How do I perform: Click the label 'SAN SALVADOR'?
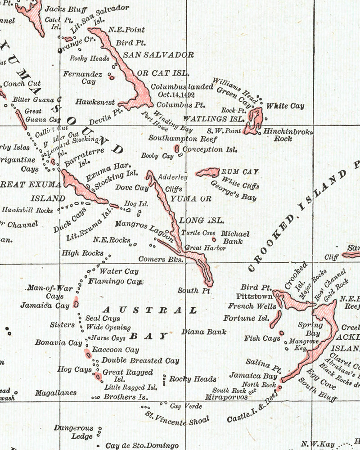(x=158, y=55)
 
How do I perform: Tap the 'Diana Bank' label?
(x=204, y=332)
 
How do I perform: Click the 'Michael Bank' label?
(x=235, y=238)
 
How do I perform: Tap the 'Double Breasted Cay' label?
(x=140, y=360)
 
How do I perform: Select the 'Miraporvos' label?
(x=226, y=397)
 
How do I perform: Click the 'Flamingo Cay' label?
(x=115, y=282)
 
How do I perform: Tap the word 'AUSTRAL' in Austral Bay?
(x=149, y=310)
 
